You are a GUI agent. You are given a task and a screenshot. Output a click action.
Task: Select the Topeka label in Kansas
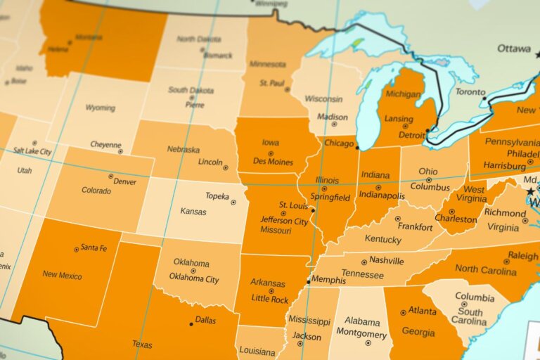217,196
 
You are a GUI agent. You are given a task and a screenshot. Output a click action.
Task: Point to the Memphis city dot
309,282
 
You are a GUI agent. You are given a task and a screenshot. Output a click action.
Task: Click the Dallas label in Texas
206,320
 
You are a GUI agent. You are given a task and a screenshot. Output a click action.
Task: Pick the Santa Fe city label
94,247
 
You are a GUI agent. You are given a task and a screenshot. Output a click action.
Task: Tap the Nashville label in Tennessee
386,260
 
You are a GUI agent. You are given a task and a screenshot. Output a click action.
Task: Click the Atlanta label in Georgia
422,310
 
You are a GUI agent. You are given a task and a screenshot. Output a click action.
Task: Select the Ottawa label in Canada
514,49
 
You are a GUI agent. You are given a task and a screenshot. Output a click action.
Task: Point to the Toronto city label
470,92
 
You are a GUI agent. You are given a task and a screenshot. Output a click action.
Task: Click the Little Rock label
270,300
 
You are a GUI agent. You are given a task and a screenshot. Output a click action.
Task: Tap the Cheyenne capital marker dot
120,151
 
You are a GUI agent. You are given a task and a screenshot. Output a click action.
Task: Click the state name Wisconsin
323,99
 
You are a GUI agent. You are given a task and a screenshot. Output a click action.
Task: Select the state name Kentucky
382,239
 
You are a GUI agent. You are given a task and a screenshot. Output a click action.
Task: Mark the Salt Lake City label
32,151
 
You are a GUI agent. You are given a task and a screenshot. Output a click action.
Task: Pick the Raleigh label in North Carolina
523,256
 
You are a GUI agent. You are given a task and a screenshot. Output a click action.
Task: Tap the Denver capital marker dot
110,176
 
